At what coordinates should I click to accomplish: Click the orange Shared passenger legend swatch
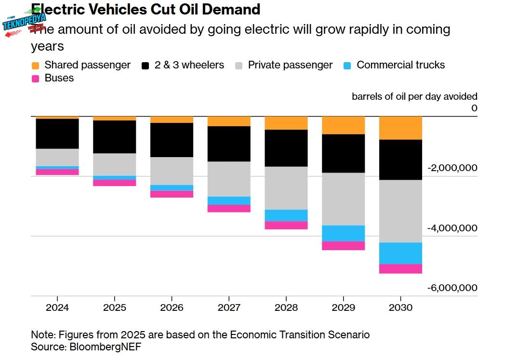(35, 65)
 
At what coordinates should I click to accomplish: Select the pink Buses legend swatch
(35, 78)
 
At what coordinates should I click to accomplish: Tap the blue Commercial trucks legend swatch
(347, 65)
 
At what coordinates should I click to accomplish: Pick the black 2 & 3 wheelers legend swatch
(146, 65)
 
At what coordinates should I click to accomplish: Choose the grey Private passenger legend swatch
(239, 65)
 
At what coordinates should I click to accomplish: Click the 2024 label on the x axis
(57, 307)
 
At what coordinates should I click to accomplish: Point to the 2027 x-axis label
(229, 307)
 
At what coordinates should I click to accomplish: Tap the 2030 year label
(400, 307)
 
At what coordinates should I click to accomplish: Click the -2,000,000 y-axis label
(452, 168)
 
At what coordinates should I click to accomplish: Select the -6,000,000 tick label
(452, 288)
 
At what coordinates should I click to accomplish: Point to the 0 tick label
(474, 108)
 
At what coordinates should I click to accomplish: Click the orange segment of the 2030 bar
(400, 128)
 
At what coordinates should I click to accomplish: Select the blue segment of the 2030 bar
(400, 253)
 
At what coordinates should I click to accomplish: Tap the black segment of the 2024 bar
(57, 133)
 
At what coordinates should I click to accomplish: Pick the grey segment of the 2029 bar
(343, 199)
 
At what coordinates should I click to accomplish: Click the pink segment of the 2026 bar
(172, 194)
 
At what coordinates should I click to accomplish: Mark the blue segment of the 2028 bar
(286, 215)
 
